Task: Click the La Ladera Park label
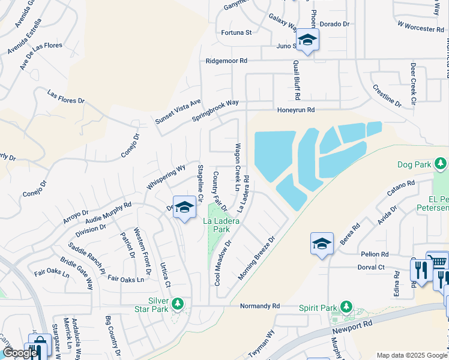coord(217,225)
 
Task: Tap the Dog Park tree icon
coord(441,163)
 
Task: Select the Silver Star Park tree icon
coord(177,304)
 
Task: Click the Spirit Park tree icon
coord(346,307)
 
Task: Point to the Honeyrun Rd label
coord(295,110)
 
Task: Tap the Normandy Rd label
coord(260,306)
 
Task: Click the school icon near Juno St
coord(308,40)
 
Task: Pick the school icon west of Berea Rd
coord(322,244)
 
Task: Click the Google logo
coord(20,353)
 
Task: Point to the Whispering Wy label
coord(166,178)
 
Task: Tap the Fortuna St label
coord(236,32)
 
